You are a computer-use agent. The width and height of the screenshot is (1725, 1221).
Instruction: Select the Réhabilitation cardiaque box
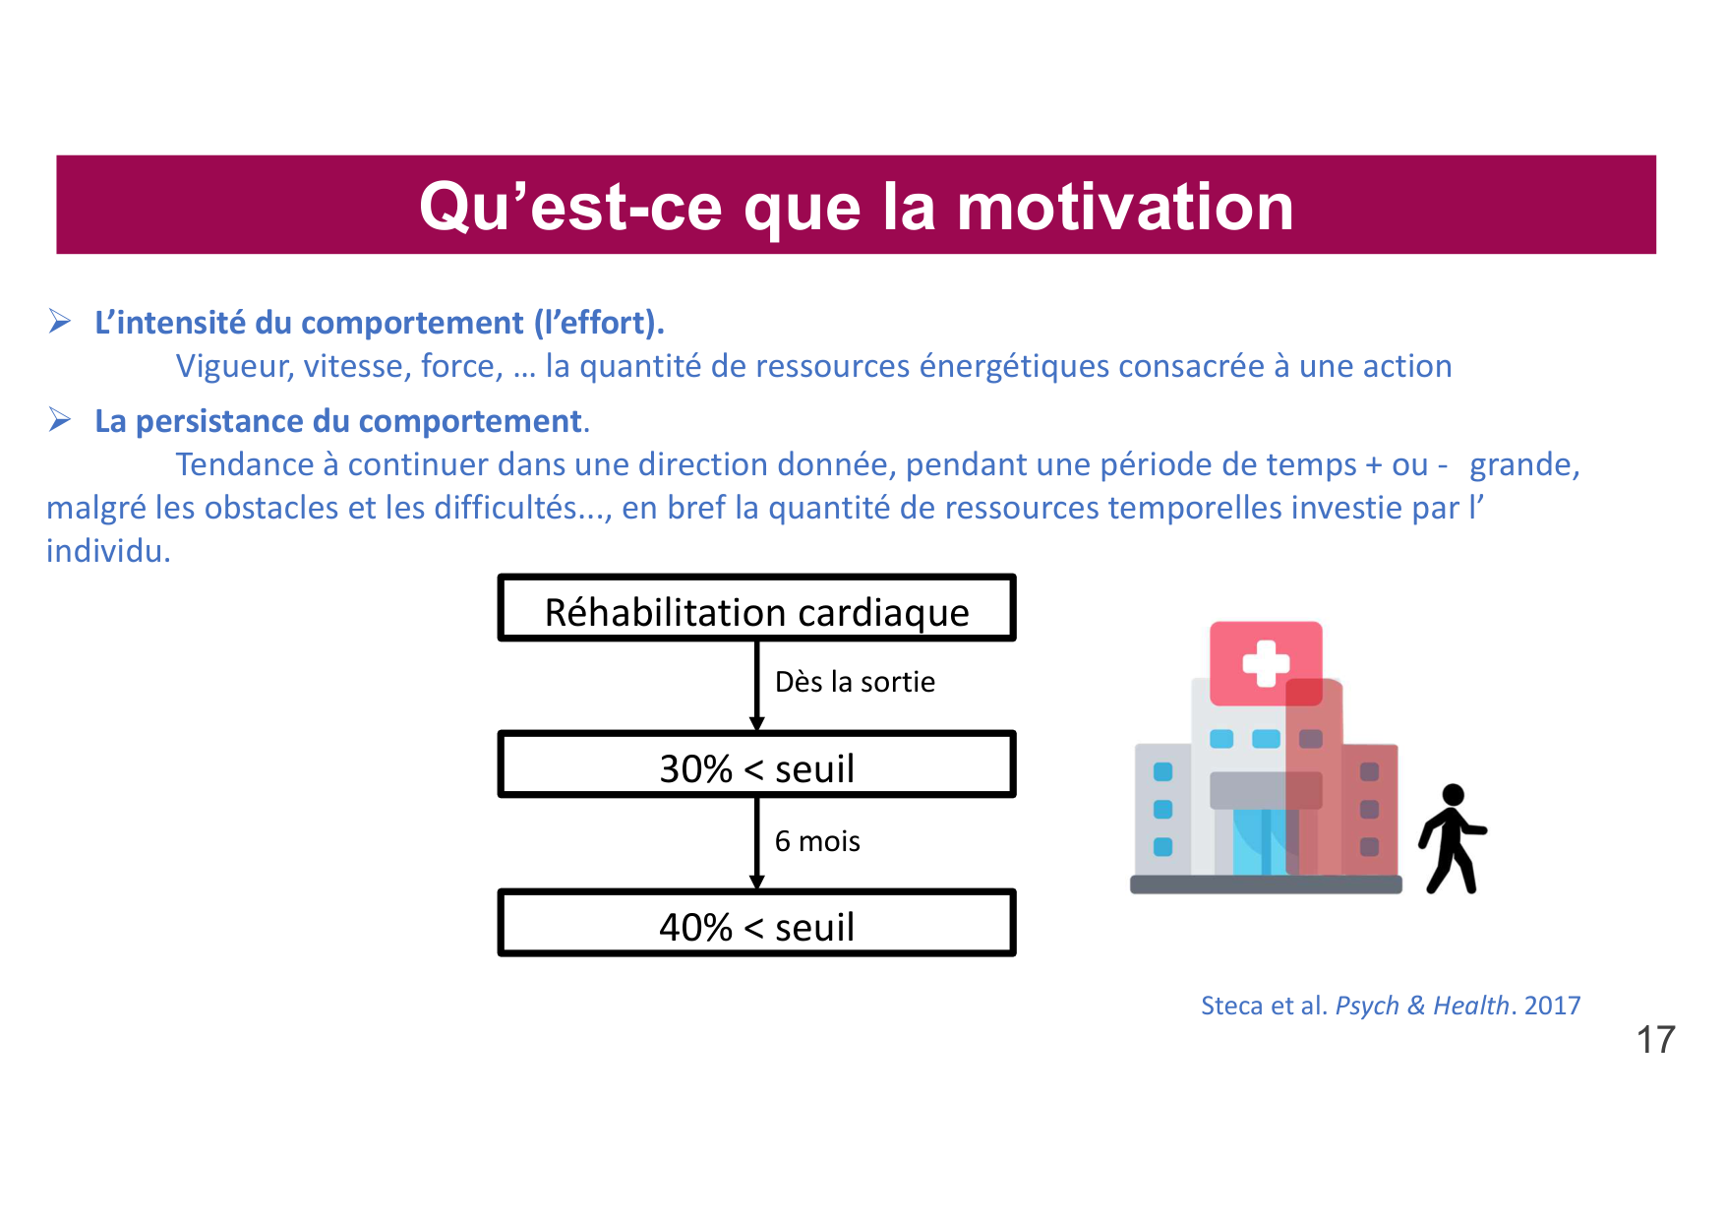[x=756, y=609]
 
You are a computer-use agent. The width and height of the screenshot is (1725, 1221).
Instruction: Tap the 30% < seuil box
[x=756, y=765]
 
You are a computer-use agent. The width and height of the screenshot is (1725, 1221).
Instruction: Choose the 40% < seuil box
[x=756, y=924]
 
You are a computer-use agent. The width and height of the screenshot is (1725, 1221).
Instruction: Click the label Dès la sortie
[x=855, y=682]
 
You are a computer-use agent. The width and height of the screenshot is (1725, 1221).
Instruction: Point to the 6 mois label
[x=817, y=841]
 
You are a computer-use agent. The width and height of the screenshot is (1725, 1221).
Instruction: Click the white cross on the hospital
[x=1266, y=662]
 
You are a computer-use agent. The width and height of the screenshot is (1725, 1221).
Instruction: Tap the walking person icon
[x=1452, y=838]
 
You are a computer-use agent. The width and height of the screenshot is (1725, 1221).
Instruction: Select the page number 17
[x=1655, y=1040]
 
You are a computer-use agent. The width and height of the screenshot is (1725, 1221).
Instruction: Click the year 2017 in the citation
[x=1552, y=1006]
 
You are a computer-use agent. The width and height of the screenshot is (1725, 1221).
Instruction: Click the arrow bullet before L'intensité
[x=60, y=322]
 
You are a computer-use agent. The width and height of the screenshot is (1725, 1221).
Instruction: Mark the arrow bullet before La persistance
[x=60, y=420]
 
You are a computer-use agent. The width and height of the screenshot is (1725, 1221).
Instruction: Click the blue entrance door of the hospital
[x=1259, y=842]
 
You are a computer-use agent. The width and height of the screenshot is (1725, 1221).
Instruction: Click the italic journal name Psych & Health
[x=1421, y=1006]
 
